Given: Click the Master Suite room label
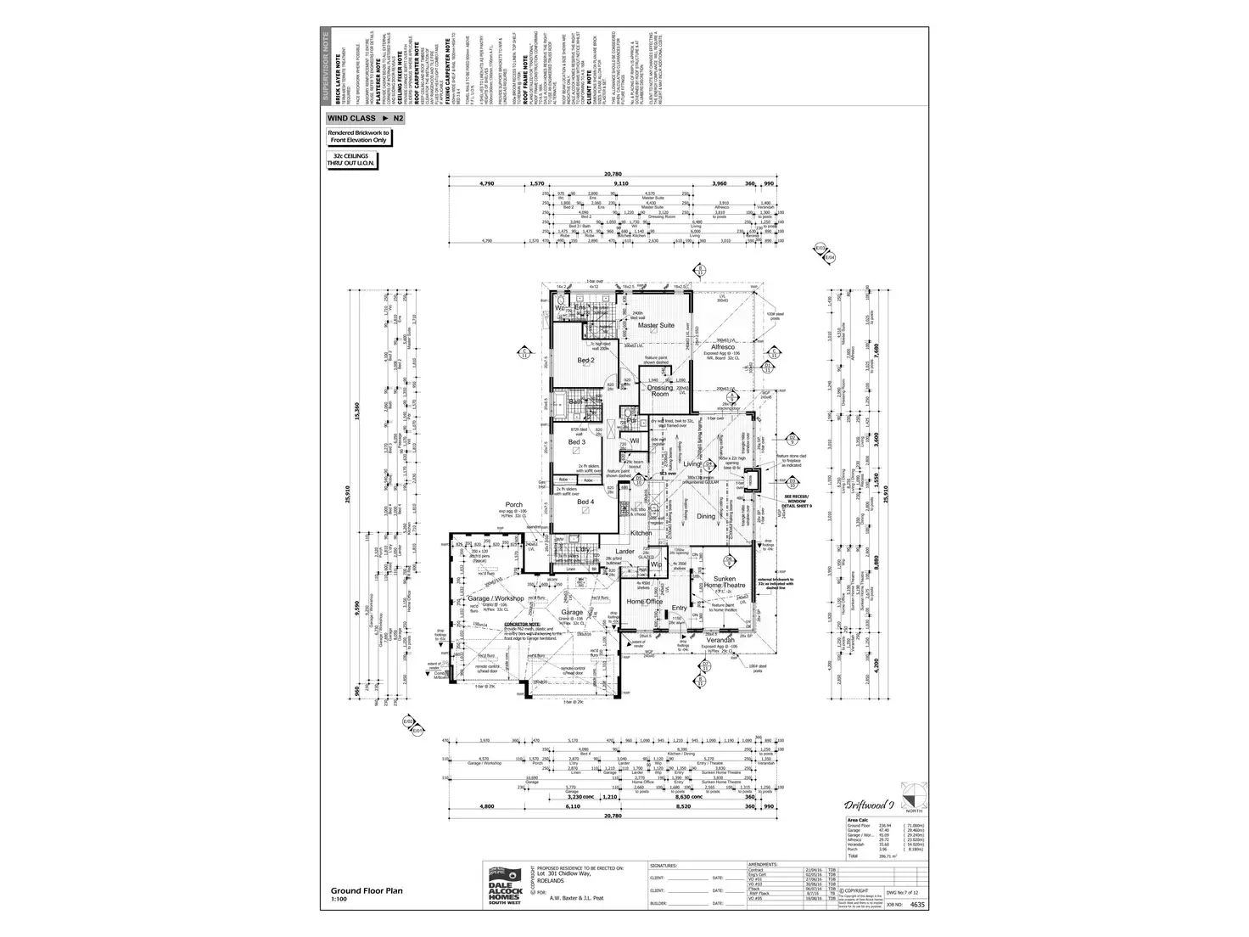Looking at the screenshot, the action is [x=655, y=325].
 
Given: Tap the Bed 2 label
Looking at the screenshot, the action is [x=586, y=361].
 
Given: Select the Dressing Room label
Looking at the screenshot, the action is [x=659, y=391].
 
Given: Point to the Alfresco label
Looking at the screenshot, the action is [x=722, y=347].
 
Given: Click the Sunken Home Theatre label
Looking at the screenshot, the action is [x=724, y=581].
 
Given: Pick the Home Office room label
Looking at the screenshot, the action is [x=644, y=602].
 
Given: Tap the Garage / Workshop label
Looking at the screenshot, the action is [x=496, y=598].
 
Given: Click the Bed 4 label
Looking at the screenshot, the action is [x=585, y=502].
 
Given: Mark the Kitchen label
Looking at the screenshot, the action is [x=641, y=533].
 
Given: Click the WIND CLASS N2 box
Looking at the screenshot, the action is [x=365, y=119].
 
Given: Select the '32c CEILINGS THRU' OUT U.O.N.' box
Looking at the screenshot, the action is [x=356, y=160].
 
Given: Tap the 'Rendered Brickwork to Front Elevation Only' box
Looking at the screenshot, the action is [x=358, y=137].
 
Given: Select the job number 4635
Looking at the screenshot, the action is [x=916, y=906].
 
